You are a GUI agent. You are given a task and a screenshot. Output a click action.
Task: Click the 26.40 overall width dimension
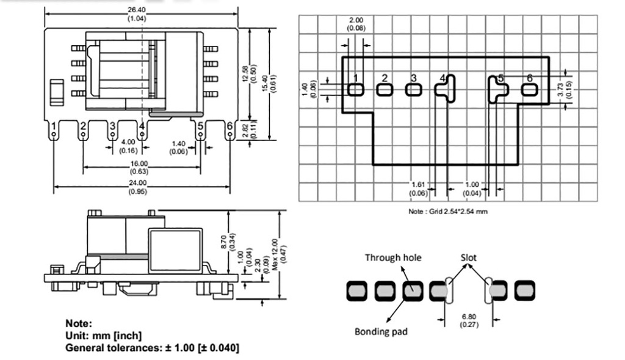(x=137, y=9)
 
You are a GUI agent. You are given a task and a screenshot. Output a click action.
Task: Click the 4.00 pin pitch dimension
(x=128, y=142)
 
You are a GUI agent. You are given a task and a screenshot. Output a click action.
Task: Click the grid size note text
(x=447, y=211)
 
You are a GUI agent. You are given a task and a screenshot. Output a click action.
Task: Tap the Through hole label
(x=392, y=257)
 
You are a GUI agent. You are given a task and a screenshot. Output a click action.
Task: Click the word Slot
(x=468, y=257)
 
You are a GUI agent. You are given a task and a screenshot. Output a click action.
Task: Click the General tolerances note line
(x=152, y=347)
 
